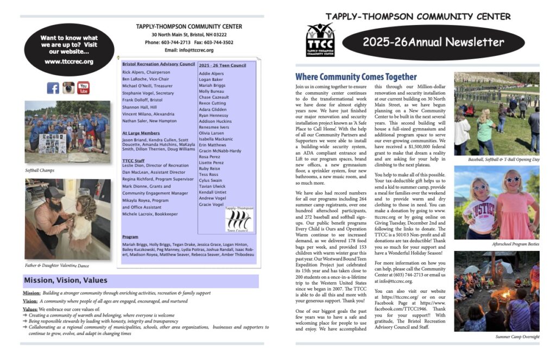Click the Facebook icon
pyautogui.click(x=53, y=88)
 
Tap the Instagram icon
pyautogui.click(x=68, y=88)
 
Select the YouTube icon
pyautogui.click(x=83, y=88)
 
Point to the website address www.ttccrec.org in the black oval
pyautogui.click(x=69, y=61)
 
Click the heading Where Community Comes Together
pyautogui.click(x=356, y=77)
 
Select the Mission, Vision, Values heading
pyautogui.click(x=66, y=280)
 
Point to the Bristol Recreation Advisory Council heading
pyautogui.click(x=159, y=64)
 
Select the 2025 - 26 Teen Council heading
pyautogui.click(x=223, y=65)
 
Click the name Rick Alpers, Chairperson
pyautogui.click(x=146, y=72)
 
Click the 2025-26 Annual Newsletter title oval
pyautogui.click(x=433, y=42)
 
